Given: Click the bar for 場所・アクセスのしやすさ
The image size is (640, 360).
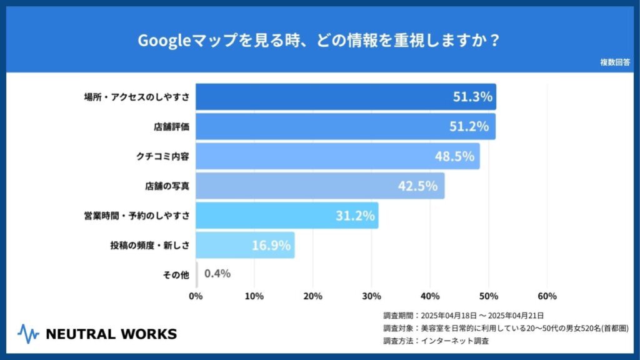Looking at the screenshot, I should click(x=346, y=97).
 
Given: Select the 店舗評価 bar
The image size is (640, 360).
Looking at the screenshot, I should click(x=346, y=126).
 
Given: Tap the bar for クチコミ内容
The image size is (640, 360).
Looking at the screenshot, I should click(x=337, y=156).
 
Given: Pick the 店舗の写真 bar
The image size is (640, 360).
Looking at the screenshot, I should click(x=320, y=186).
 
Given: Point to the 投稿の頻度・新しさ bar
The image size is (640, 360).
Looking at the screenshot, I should click(x=245, y=245).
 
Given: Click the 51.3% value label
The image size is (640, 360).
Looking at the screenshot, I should click(x=472, y=97).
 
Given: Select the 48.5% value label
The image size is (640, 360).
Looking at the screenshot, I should click(x=454, y=156).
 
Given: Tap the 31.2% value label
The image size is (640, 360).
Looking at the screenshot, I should click(x=355, y=216).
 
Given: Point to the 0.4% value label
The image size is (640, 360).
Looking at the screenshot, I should click(x=217, y=273).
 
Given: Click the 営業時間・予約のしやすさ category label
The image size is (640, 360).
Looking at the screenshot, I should click(x=137, y=216).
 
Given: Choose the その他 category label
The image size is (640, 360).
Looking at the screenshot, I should click(x=176, y=274).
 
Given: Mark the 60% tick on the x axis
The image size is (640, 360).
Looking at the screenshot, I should click(x=547, y=296).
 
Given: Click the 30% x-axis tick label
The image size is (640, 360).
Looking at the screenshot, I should click(x=371, y=296).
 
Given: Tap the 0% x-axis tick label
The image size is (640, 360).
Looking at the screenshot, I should click(x=196, y=296).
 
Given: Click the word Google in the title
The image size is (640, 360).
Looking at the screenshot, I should click(x=158, y=41).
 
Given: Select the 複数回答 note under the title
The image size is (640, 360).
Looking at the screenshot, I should click(x=615, y=62).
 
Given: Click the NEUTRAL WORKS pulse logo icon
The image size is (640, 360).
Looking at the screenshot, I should click(x=28, y=334).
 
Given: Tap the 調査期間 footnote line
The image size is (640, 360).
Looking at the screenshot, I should click(x=463, y=315).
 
